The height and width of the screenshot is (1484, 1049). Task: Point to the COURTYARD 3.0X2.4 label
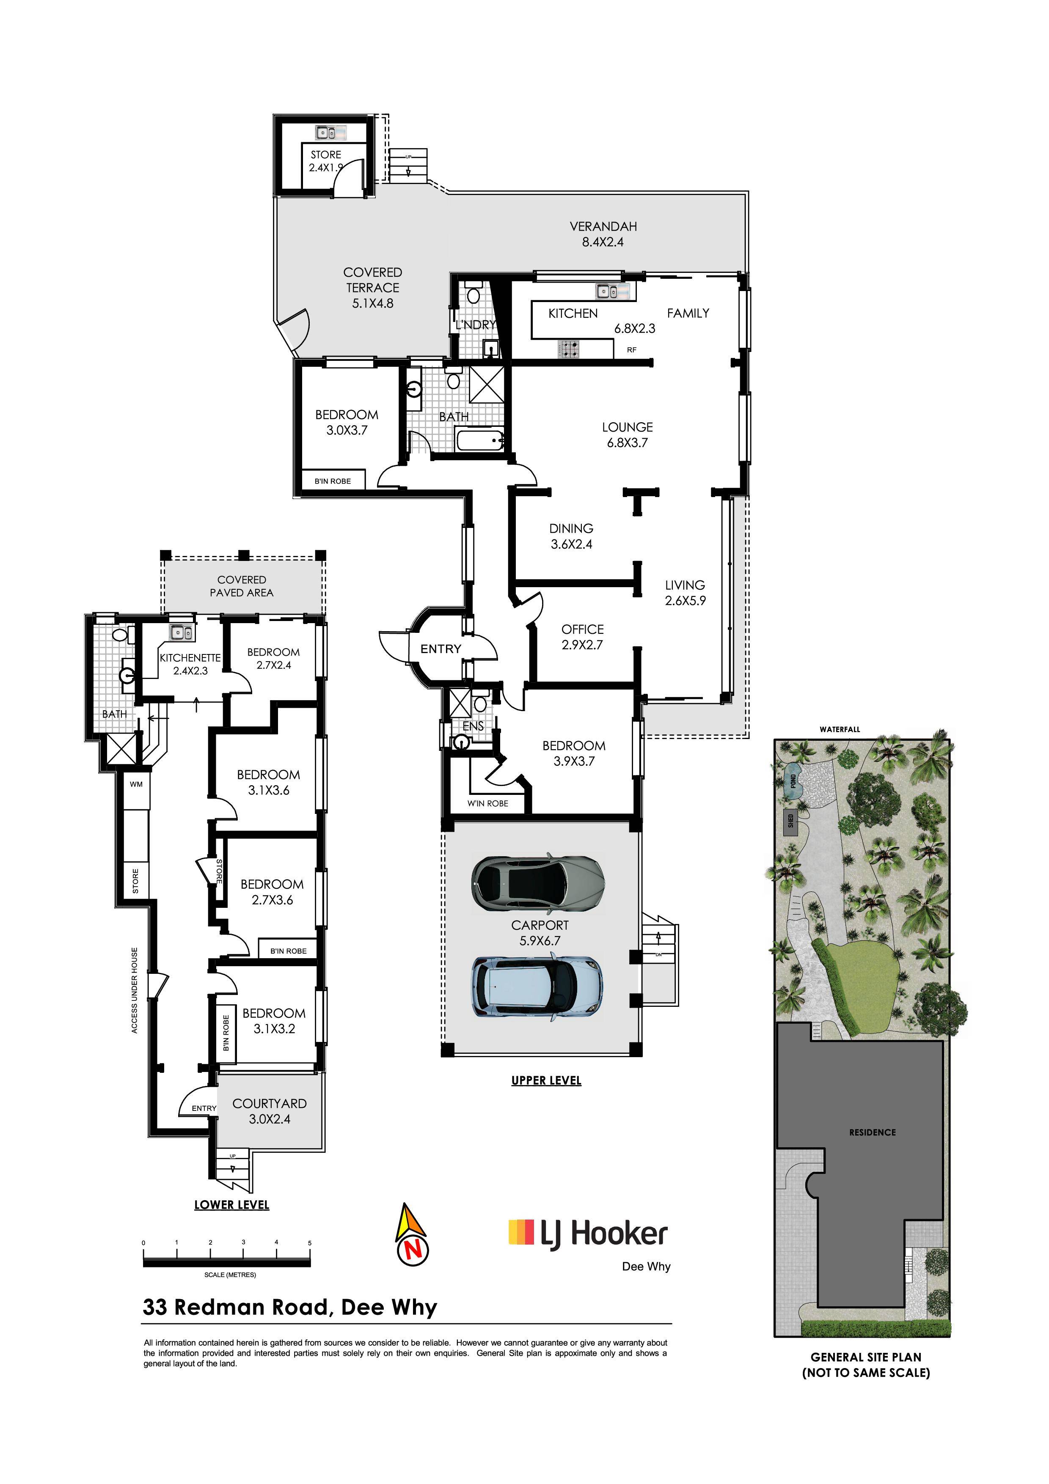coord(270,1111)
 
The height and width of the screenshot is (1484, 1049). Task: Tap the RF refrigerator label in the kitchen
coord(631,350)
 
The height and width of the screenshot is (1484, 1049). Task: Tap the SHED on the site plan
coord(790,822)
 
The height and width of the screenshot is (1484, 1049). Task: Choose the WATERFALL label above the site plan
coord(840,729)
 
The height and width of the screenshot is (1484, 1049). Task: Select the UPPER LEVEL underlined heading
coord(546,1081)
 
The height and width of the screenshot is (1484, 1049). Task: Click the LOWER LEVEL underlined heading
coord(231,1205)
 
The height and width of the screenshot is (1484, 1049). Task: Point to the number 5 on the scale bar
coord(310,1243)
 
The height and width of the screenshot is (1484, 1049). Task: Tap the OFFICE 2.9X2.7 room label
coord(582,637)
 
